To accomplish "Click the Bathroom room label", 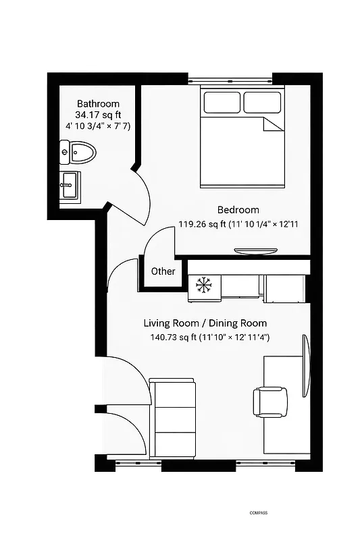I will (x=98, y=104).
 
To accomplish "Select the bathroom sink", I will (x=70, y=185).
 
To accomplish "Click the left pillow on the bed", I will (x=222, y=103).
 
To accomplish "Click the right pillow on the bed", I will (x=262, y=103).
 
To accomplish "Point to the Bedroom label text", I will (x=238, y=210).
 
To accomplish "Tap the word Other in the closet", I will (x=163, y=271).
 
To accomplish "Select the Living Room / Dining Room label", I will (x=205, y=323).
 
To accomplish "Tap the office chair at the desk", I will (x=267, y=401).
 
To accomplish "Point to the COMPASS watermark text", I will (x=258, y=513).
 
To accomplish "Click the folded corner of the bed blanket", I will (x=272, y=124).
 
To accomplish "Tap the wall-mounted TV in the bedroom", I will (x=255, y=251).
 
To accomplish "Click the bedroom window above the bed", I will (x=230, y=79).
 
